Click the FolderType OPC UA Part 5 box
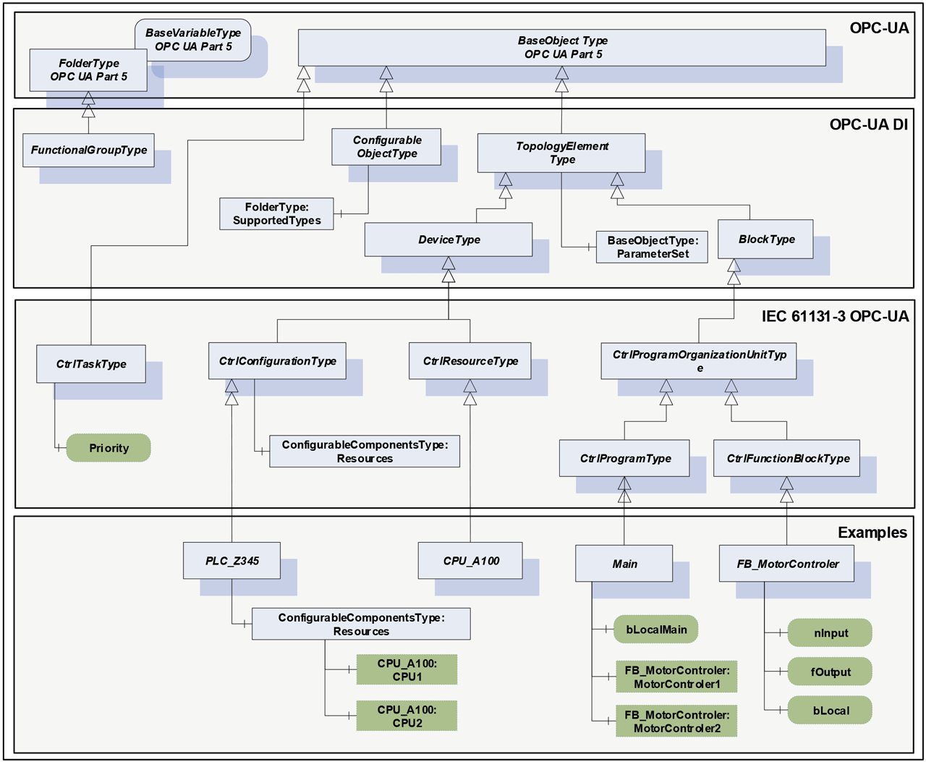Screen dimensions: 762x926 click(88, 70)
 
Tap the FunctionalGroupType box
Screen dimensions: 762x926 click(88, 151)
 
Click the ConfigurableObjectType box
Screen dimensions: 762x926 click(386, 147)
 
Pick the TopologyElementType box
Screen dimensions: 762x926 click(561, 153)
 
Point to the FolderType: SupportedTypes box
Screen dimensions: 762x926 click(276, 214)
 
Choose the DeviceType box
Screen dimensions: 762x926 click(449, 240)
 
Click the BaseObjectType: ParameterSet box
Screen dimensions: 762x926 click(652, 247)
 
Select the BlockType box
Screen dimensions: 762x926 click(765, 240)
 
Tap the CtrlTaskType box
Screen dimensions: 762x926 click(91, 364)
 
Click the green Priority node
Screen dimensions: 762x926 click(109, 448)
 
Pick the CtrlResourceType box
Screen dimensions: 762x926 click(470, 361)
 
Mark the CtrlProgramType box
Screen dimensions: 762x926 click(624, 459)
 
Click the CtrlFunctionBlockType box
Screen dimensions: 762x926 click(787, 459)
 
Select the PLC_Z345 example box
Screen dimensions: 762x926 click(231, 561)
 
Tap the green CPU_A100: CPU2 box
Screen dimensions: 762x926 click(407, 716)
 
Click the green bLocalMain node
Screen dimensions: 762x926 click(656, 630)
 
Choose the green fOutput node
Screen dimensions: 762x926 click(830, 672)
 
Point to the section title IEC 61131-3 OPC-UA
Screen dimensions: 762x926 click(835, 316)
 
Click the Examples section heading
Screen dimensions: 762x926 click(872, 533)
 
